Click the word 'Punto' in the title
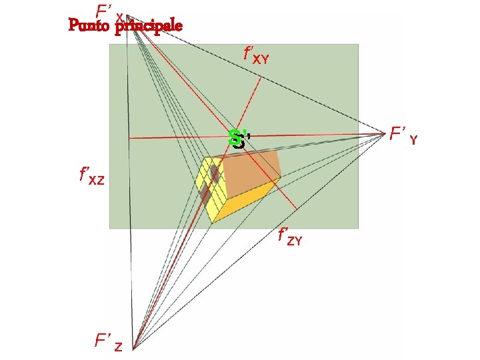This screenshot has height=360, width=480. tap(89, 26)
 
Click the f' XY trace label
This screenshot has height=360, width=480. tap(257, 55)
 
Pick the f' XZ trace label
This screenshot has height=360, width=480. tap(91, 177)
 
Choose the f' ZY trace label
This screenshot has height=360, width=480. tap(290, 236)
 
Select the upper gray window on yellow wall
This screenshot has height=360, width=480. tap(215, 174)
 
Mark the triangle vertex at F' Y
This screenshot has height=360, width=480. tap(386, 133)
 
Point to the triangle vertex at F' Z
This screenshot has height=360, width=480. tap(133, 347)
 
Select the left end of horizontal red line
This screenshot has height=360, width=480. tap(128, 138)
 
